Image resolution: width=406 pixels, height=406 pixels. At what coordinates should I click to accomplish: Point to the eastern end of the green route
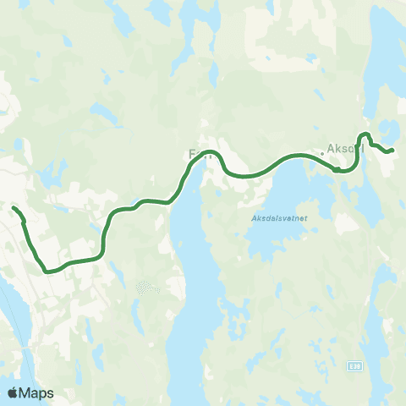point(392,151)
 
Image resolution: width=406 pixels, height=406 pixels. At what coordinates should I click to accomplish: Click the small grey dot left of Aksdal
point(321,154)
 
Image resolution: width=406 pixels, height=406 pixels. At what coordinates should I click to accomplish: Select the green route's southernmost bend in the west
point(51,272)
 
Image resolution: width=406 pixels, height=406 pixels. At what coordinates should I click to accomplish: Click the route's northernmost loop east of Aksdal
point(365,134)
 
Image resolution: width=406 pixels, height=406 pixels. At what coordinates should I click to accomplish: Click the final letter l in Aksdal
point(361,151)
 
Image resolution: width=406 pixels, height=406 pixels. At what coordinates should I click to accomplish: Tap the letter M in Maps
point(26,392)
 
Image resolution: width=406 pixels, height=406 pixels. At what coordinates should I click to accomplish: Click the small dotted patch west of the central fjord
point(147,288)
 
